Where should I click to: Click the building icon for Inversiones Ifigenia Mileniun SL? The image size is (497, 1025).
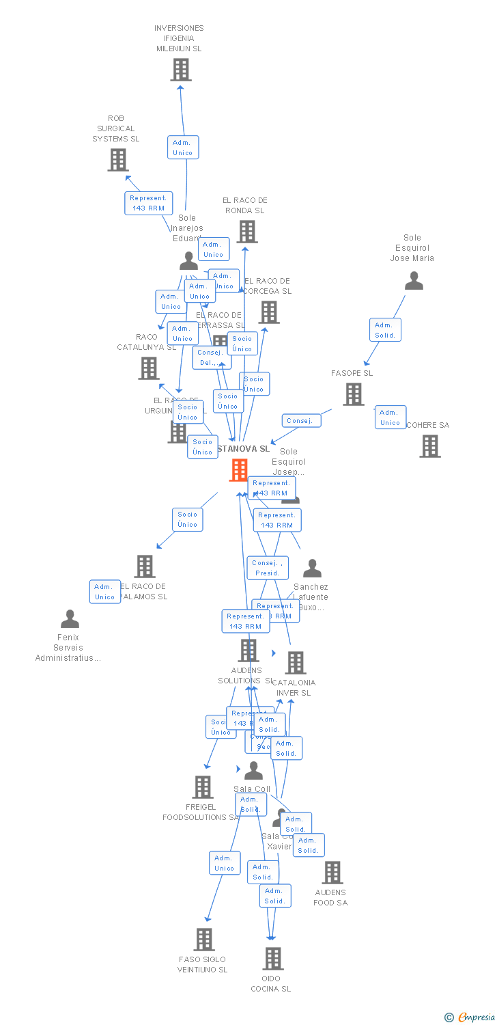(181, 70)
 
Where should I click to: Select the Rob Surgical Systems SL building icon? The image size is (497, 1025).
(118, 160)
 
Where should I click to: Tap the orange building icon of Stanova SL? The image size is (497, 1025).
(239, 470)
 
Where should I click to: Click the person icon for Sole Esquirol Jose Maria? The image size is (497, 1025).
(414, 281)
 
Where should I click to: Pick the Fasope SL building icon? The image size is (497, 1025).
(354, 394)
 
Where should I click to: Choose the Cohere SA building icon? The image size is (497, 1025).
(430, 446)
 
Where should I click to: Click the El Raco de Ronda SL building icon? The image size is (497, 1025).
(247, 232)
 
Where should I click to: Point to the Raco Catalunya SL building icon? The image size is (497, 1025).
(149, 368)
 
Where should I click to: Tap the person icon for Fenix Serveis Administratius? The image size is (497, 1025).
(70, 619)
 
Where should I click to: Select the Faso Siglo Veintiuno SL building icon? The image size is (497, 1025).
(204, 940)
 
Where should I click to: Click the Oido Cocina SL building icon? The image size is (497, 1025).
(273, 959)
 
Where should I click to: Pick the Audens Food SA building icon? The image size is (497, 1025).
(332, 873)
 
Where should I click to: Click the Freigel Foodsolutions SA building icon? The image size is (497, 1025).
(203, 787)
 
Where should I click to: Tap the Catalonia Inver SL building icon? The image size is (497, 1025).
(296, 663)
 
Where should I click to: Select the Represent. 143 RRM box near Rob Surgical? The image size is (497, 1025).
(148, 203)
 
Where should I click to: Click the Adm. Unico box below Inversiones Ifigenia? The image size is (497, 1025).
(183, 148)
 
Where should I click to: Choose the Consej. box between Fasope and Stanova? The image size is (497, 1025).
(301, 421)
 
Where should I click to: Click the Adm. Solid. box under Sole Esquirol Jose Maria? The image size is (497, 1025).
(385, 330)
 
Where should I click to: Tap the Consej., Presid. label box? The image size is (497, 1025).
(268, 568)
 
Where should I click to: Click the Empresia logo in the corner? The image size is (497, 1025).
(469, 1017)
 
